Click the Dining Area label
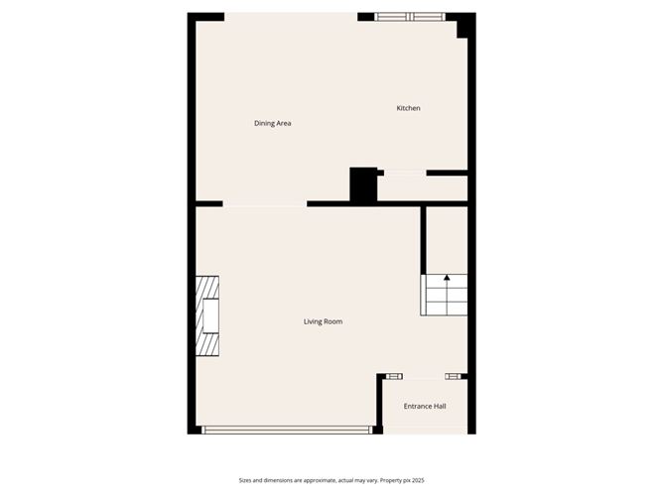pos(272,123)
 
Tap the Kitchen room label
pos(409,108)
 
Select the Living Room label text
pos(324,321)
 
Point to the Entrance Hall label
pos(425,407)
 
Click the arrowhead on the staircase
pos(447,279)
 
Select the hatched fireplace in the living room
pos(207,315)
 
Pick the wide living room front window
pos(287,430)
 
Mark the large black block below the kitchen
pos(363,186)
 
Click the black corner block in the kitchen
pos(462,28)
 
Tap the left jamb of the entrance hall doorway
pos(394,376)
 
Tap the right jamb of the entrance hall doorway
pos(455,376)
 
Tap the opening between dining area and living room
pos(265,204)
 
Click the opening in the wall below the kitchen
pos(404,173)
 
